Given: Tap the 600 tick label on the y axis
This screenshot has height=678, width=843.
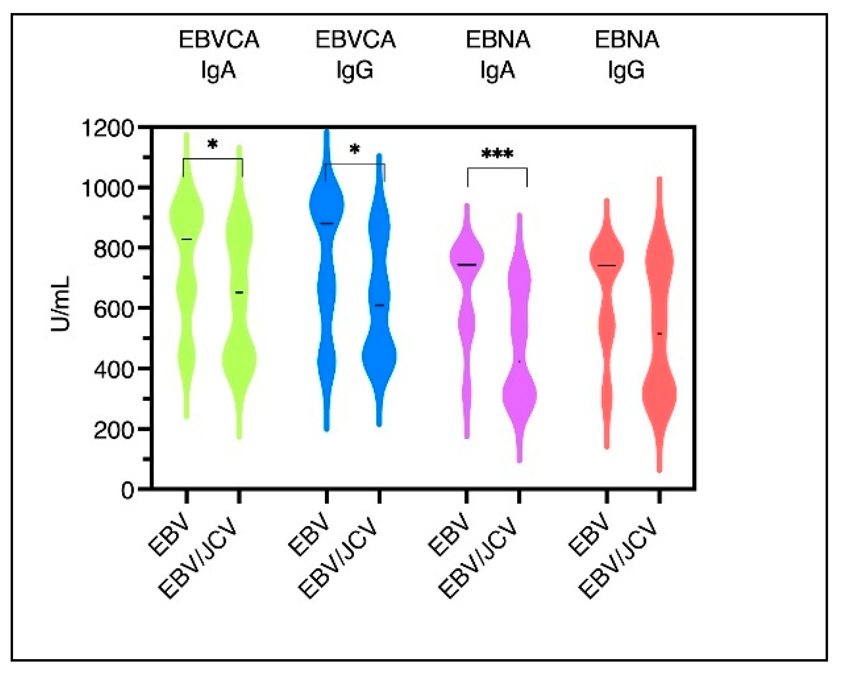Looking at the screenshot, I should pos(113,309).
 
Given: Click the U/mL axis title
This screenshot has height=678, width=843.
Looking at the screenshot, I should pos(61,304).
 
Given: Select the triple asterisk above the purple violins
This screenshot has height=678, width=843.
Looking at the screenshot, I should pos(497,155).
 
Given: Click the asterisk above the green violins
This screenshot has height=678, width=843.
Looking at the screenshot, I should pos(212,145).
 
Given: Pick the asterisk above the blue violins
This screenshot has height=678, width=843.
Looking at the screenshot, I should pos(355,150).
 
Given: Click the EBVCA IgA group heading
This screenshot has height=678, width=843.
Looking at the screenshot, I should pos(219,55).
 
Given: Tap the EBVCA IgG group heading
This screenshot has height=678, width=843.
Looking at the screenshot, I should pos(355,55).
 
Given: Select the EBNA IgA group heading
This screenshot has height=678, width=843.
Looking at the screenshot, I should pos(498,55).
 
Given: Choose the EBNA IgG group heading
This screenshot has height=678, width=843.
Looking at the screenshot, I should pos(626,55).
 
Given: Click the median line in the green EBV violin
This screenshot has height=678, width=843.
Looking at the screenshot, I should pos(186,239).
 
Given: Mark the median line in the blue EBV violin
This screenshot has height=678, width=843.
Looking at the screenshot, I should pos(327,224).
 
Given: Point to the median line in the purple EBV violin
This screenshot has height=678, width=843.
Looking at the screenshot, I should pos(467,265).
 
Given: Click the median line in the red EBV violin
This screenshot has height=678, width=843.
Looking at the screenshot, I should pos(606,266).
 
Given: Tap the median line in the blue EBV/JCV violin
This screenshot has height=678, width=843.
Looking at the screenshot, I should pos(379,305).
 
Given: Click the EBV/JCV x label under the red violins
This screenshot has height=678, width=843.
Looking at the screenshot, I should pos(619,560).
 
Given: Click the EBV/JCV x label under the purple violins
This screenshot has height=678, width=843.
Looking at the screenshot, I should pos(479,560).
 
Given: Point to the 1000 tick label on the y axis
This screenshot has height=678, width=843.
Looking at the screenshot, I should pos(107,188).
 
